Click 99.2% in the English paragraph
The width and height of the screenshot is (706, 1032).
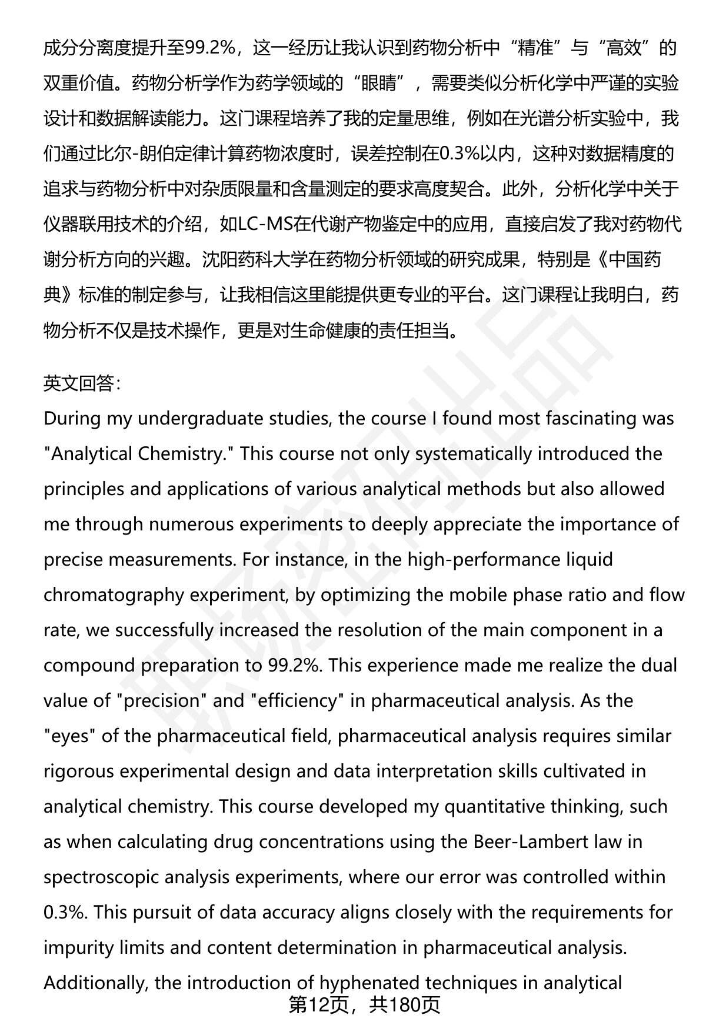click(x=293, y=665)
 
